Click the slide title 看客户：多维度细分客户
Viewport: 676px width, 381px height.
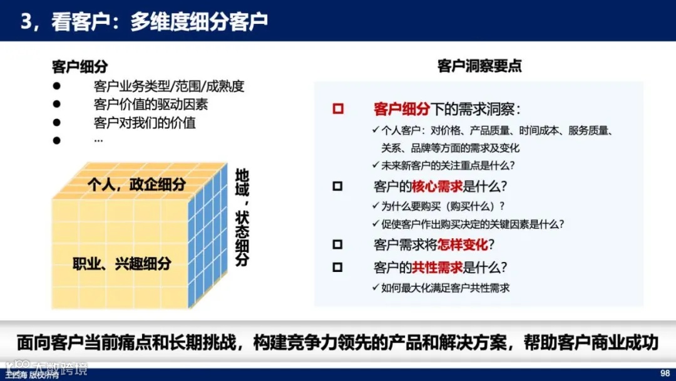(144, 21)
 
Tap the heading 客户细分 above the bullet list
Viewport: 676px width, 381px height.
(79, 67)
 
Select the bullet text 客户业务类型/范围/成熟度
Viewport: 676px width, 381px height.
(168, 86)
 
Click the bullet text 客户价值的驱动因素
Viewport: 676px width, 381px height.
(150, 105)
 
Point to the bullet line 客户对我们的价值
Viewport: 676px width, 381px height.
(145, 123)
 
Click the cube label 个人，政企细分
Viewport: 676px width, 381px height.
(136, 184)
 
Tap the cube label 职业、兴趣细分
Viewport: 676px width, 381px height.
(121, 263)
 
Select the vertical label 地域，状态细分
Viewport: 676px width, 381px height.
(242, 217)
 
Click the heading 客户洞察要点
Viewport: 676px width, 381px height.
(479, 66)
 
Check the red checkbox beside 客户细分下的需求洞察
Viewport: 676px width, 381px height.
(338, 109)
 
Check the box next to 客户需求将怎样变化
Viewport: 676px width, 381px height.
(338, 244)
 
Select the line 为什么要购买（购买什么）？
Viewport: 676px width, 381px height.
(438, 206)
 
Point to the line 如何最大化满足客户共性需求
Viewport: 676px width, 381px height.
(441, 288)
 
